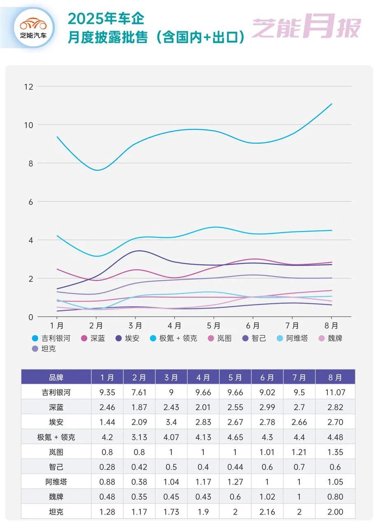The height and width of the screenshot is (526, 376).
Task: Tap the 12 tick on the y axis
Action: click(x=28, y=87)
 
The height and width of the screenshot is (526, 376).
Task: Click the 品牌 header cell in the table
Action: click(x=56, y=377)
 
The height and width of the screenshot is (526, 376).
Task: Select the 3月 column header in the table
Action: click(x=171, y=377)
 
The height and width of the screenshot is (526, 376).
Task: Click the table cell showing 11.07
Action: click(x=335, y=392)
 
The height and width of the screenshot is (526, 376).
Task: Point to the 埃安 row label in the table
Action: click(x=56, y=422)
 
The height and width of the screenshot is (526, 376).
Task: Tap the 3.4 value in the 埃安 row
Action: click(x=171, y=422)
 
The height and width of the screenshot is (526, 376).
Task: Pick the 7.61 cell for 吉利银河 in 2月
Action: click(x=139, y=392)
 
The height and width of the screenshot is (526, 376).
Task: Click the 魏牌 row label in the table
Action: click(x=56, y=497)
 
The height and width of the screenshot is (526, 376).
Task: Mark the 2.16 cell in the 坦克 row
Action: click(x=267, y=512)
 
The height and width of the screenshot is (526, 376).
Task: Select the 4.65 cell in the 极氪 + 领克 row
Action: click(x=235, y=437)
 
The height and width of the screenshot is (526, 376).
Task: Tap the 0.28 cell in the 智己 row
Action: click(x=107, y=467)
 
